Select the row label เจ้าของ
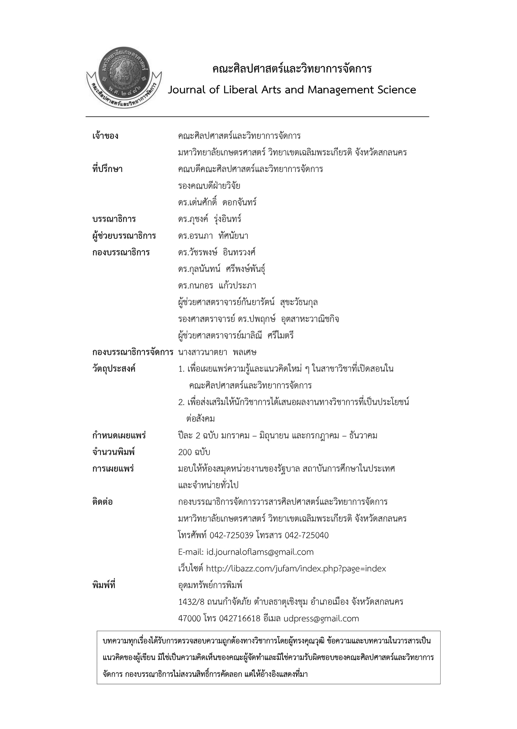coord(105,136)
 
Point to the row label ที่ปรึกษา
coord(107,169)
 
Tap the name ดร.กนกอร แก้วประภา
coord(217,286)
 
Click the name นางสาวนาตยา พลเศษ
coord(217,352)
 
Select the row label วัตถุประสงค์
coord(114,369)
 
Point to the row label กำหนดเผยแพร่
coord(119,436)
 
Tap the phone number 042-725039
coord(231,536)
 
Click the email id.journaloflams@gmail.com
coord(260,552)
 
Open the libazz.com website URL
coord(296,569)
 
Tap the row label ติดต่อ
coord(102,502)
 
